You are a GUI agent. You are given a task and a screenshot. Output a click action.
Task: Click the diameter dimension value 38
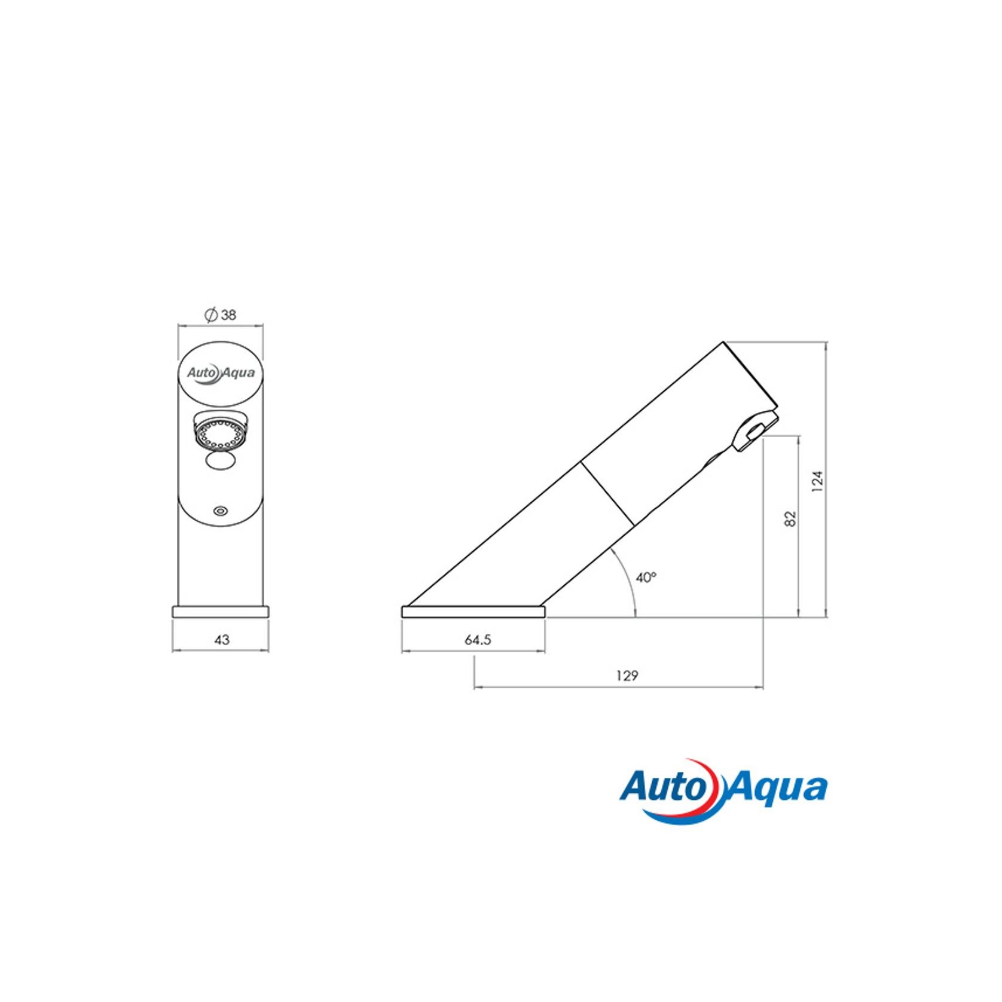point(228,315)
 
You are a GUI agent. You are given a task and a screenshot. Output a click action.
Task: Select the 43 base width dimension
point(221,640)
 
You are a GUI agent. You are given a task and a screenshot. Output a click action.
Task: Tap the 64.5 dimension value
point(478,640)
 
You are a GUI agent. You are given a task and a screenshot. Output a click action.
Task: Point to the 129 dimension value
point(627,676)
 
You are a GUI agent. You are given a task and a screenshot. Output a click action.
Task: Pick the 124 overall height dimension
point(817,481)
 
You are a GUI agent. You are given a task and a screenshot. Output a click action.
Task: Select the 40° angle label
point(646,578)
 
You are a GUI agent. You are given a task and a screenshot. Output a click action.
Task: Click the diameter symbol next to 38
point(210,315)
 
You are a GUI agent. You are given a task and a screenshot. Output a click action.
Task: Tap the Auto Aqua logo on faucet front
point(221,372)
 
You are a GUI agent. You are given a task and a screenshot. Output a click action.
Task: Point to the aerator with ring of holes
point(221,433)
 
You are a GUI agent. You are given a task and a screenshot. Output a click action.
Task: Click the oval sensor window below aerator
point(221,461)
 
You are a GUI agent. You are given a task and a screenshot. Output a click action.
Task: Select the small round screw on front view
point(221,511)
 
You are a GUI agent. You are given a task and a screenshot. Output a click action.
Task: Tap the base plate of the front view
point(221,612)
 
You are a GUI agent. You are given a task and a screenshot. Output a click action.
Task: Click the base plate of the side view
point(473,612)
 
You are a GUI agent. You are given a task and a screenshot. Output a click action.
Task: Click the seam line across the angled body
point(607,494)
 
